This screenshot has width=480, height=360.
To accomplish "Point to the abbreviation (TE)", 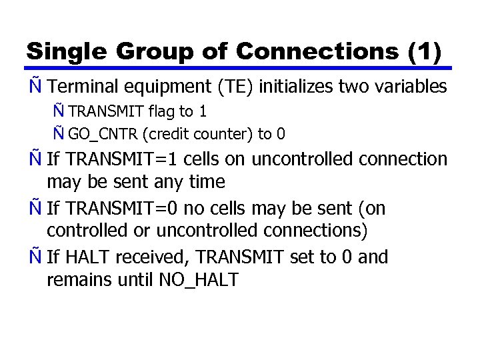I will point(237,87).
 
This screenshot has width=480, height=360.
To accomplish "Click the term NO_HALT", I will point(199,280).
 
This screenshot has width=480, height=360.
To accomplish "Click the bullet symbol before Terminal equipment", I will point(33,87).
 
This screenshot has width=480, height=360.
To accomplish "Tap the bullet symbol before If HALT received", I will point(33,257).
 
